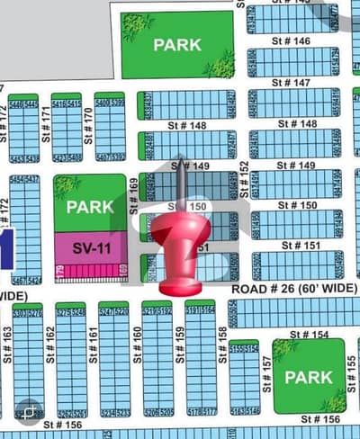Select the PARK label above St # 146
[x=176, y=44]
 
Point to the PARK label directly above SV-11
[x=90, y=206]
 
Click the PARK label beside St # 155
[x=309, y=377]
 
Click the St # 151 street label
[x=300, y=246]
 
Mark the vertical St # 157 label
[x=266, y=371]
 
